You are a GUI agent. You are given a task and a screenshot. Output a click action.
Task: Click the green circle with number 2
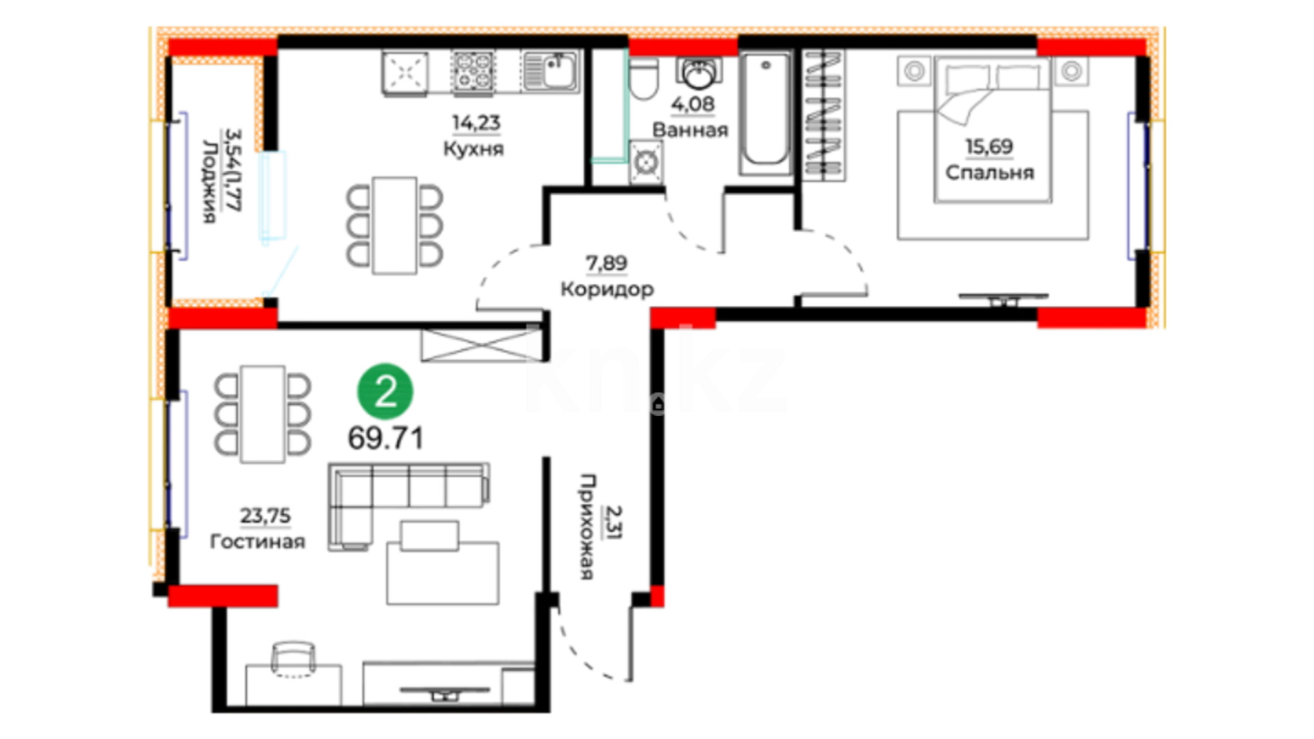click(385, 391)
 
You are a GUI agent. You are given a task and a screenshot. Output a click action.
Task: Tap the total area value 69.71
click(385, 438)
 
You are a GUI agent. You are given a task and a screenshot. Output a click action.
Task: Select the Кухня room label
click(474, 149)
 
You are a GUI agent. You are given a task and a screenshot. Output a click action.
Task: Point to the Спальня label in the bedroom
click(990, 172)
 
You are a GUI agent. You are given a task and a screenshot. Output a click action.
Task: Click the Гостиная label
click(257, 541)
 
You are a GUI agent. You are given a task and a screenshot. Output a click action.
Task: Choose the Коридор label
click(607, 289)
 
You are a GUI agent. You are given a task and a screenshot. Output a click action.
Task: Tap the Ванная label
click(690, 130)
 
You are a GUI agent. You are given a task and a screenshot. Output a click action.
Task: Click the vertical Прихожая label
click(587, 527)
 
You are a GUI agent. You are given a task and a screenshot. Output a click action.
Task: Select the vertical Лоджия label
click(209, 181)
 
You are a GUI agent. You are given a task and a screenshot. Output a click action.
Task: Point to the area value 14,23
click(476, 123)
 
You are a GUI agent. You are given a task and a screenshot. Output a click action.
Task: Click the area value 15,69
click(989, 146)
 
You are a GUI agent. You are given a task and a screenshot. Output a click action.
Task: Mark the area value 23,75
click(265, 515)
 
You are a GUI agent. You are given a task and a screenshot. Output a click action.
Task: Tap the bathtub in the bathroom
click(765, 113)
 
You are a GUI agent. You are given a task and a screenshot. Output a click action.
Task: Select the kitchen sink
click(551, 71)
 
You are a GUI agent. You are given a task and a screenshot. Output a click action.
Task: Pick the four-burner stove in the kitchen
click(473, 71)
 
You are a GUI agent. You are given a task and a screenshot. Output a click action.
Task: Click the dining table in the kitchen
click(394, 226)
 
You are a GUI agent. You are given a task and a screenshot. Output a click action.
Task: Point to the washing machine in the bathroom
click(645, 162)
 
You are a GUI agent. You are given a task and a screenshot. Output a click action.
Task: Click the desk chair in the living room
click(294, 658)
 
